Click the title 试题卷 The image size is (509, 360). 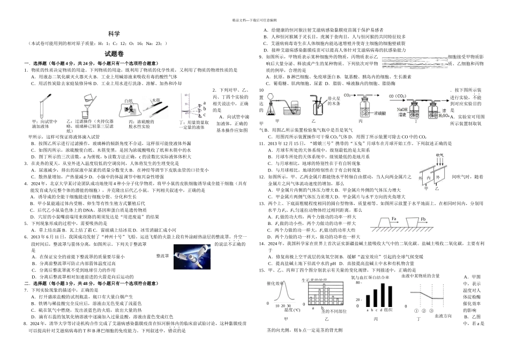point(114,54)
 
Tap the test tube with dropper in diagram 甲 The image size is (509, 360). point(41,108)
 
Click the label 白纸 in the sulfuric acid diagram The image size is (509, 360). point(128,101)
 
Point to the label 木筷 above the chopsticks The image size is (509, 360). point(156,100)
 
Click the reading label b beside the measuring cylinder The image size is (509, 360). point(205,109)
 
